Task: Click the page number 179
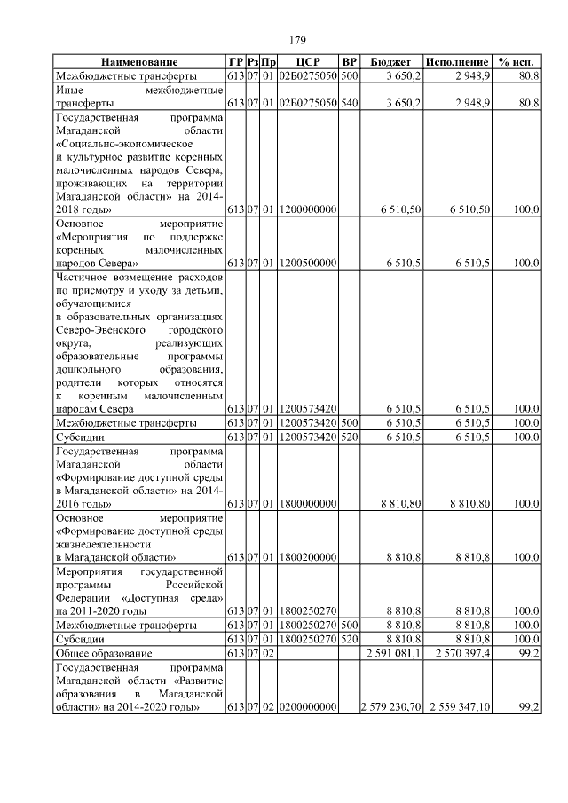(x=298, y=40)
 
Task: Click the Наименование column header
(x=138, y=62)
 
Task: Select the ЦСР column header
(x=306, y=62)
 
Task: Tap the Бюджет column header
(x=390, y=62)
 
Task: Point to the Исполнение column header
(x=457, y=62)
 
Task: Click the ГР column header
(x=235, y=62)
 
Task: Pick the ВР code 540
(x=349, y=104)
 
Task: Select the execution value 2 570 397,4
(x=459, y=654)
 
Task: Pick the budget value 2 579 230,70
(x=391, y=707)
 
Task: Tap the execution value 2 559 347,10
(x=459, y=707)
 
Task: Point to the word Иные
(x=69, y=91)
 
